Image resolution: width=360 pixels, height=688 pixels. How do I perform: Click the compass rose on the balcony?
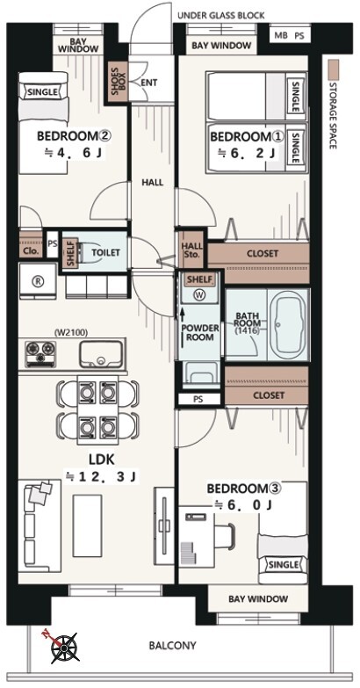[64, 648]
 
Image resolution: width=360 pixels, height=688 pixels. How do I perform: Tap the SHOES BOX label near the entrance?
[118, 83]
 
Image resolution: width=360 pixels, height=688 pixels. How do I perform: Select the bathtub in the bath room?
[289, 325]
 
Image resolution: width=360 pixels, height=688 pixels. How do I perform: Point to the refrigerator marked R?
[38, 281]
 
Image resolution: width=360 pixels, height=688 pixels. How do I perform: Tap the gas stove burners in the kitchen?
[40, 353]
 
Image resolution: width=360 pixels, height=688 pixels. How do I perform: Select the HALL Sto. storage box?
[191, 250]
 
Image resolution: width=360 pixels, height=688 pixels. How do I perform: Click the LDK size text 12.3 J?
[102, 476]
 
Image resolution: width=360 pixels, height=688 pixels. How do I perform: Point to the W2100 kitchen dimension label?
[68, 333]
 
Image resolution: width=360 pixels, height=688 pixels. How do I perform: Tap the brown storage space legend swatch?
[335, 69]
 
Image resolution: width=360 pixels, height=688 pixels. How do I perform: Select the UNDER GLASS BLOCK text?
[221, 16]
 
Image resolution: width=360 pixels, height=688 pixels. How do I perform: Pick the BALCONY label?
[172, 646]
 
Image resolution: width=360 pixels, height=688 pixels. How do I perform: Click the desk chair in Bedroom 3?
[227, 533]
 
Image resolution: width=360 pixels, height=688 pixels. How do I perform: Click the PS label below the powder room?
[198, 400]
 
